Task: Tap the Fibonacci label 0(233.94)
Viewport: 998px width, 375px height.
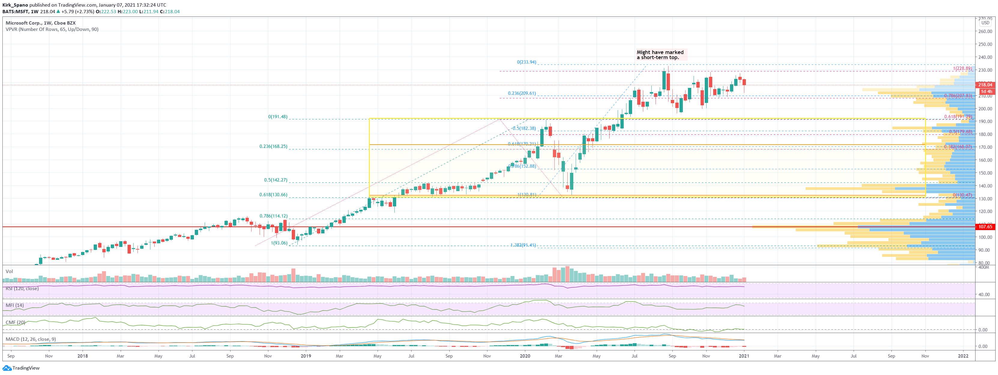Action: point(526,62)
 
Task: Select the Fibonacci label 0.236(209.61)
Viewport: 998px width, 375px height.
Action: point(522,93)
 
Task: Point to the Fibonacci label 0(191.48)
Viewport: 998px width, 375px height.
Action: point(278,117)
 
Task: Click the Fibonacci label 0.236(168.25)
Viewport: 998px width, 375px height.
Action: point(273,146)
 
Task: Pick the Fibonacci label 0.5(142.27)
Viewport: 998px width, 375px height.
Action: point(276,180)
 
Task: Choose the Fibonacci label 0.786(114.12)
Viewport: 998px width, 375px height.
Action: point(273,216)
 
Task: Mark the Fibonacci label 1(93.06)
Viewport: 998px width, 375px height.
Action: point(279,243)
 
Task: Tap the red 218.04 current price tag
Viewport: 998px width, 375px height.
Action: point(985,85)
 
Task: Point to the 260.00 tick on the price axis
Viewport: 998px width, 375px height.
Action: point(985,31)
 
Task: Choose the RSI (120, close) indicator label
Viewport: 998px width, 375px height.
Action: point(22,289)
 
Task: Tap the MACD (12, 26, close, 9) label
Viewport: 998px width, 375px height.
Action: point(31,339)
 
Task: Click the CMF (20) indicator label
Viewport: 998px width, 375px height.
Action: point(16,322)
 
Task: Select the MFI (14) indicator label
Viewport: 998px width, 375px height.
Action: point(15,305)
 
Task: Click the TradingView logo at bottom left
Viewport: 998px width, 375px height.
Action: point(21,368)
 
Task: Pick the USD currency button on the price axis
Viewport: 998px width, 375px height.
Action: point(985,23)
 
